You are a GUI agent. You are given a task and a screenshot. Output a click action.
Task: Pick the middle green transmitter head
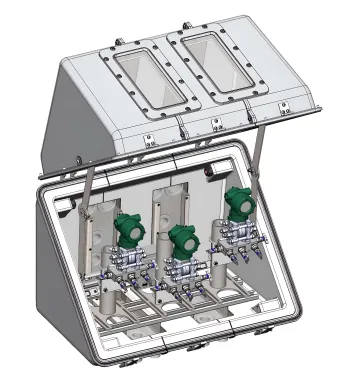pos(182,240)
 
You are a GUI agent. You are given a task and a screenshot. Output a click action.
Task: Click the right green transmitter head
pos(239,203)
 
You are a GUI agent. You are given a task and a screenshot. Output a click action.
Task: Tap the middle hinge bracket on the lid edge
pos(215,124)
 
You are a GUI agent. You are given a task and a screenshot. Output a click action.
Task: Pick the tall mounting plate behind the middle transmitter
pos(165,215)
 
